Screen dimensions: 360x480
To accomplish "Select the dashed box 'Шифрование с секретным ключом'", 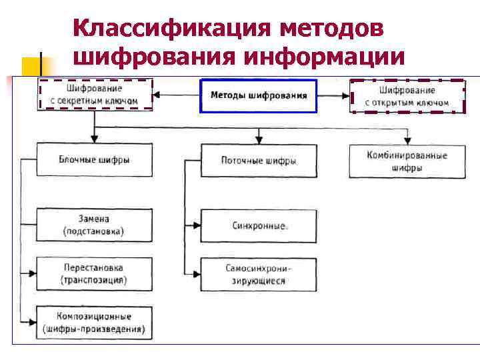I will point(95,94).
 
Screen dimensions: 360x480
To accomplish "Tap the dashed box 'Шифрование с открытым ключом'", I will point(407,95).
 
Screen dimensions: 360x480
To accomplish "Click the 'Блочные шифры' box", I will point(94,160).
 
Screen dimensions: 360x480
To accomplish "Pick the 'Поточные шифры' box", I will point(259,161).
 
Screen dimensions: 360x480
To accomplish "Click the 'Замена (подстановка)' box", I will point(94,225).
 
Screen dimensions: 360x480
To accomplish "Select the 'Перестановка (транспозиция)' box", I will point(94,273).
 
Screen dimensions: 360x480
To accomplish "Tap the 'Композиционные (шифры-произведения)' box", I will point(94,323).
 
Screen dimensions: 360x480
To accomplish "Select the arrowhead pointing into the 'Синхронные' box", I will point(197,226).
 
